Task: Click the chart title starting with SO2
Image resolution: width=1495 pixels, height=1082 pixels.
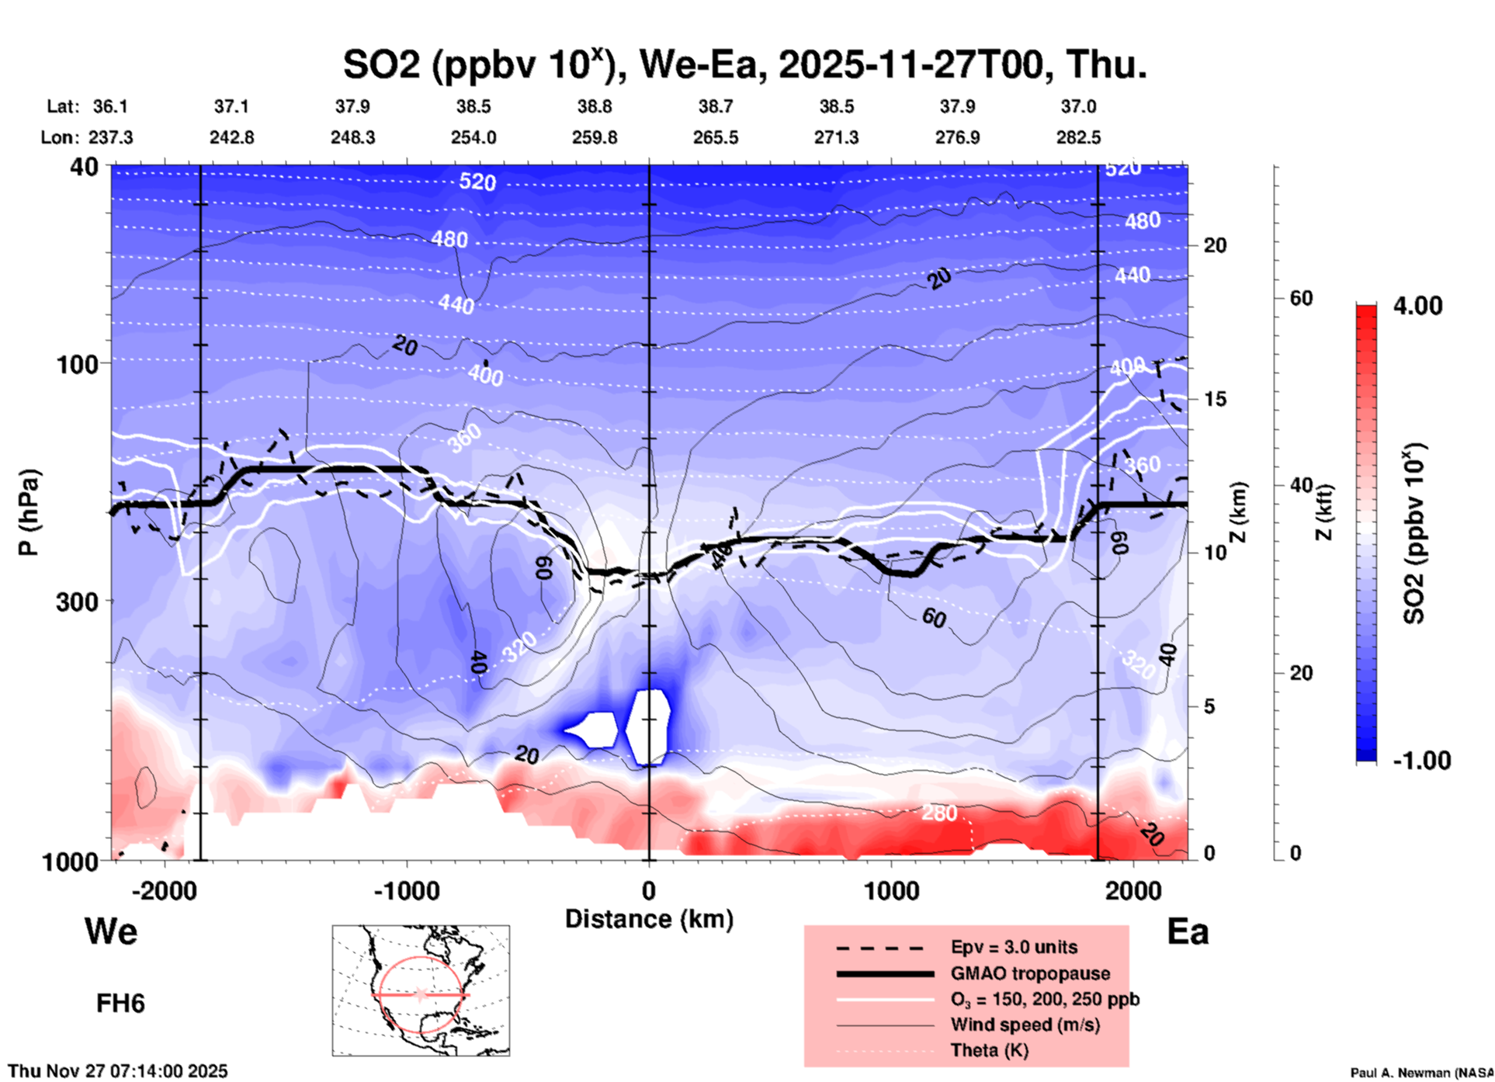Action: [744, 64]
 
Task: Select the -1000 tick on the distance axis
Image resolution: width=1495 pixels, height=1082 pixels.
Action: [407, 890]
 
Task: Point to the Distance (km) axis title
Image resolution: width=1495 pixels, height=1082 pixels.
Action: [649, 919]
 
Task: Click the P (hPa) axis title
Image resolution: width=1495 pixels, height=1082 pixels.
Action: [28, 512]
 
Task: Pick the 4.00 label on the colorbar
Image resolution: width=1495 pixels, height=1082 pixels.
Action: [1417, 305]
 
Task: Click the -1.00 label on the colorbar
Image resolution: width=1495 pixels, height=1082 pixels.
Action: [1421, 760]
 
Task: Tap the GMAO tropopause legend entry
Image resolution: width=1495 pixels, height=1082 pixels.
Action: [1030, 973]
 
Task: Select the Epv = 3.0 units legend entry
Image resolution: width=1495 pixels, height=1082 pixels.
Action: [1014, 947]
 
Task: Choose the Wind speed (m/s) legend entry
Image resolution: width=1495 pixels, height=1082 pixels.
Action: [1025, 1025]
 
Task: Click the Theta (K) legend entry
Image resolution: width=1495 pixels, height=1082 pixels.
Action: [990, 1050]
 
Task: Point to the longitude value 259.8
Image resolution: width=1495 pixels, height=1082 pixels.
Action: [595, 137]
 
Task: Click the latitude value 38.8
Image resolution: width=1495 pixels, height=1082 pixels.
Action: [595, 106]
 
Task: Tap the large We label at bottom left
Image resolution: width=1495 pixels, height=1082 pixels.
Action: [111, 931]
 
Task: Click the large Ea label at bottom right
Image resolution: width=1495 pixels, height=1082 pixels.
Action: [1188, 931]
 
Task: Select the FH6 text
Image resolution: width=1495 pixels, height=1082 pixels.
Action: [120, 1004]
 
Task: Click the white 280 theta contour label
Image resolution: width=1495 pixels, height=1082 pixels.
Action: [939, 813]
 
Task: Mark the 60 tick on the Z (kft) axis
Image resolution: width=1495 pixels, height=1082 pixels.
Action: [1301, 298]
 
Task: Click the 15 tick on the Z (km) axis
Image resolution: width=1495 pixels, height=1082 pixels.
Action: [1215, 399]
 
